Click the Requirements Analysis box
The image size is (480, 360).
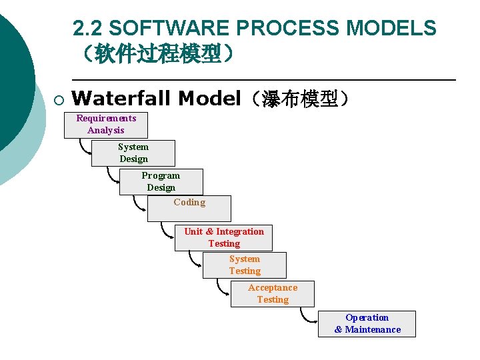click(x=105, y=125)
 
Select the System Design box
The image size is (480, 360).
click(x=133, y=153)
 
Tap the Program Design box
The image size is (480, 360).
click(x=161, y=182)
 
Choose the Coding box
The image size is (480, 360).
click(x=189, y=208)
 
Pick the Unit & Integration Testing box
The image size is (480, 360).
click(x=223, y=238)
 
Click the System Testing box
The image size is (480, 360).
click(x=245, y=265)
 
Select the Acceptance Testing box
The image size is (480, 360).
click(x=272, y=294)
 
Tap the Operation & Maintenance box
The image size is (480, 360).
click(x=367, y=324)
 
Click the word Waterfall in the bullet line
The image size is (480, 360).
click(x=122, y=99)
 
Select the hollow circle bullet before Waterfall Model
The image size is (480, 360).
click(x=58, y=100)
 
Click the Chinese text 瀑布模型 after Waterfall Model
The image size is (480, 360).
click(x=305, y=99)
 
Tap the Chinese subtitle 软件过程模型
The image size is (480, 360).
click(x=158, y=53)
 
